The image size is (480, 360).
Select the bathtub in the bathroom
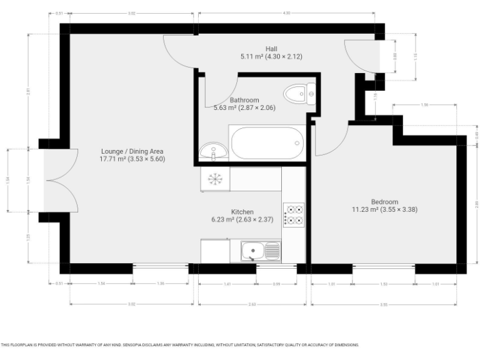coord(267,143)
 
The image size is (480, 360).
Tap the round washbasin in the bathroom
coord(214,151)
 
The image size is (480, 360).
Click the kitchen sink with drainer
coord(261,251)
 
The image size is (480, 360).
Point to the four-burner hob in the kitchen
coord(294,214)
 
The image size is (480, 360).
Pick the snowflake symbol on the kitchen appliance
coord(215,179)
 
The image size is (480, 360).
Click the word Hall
coord(271,49)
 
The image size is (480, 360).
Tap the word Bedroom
coord(384,201)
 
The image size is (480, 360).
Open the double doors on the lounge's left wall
coord(61,181)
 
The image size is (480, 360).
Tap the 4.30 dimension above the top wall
coord(286,12)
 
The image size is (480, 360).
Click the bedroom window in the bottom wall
coord(383,268)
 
